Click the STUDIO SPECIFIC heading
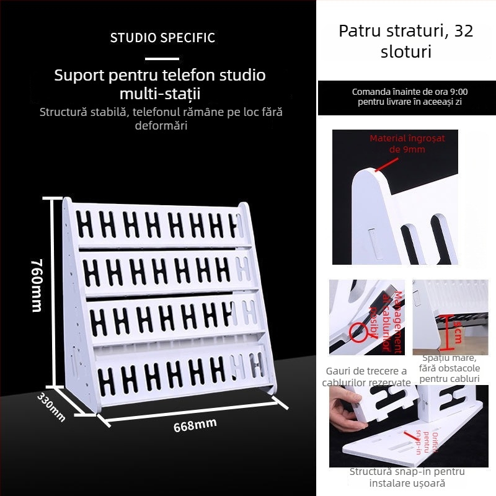point(162,38)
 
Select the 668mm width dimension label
point(195,425)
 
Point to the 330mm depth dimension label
point(51,407)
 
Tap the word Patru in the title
point(360,31)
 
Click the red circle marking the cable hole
point(358,332)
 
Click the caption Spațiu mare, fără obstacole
point(449,368)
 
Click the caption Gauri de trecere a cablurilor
point(366,376)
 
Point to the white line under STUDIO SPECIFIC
point(162,59)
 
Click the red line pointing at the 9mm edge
point(386,164)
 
